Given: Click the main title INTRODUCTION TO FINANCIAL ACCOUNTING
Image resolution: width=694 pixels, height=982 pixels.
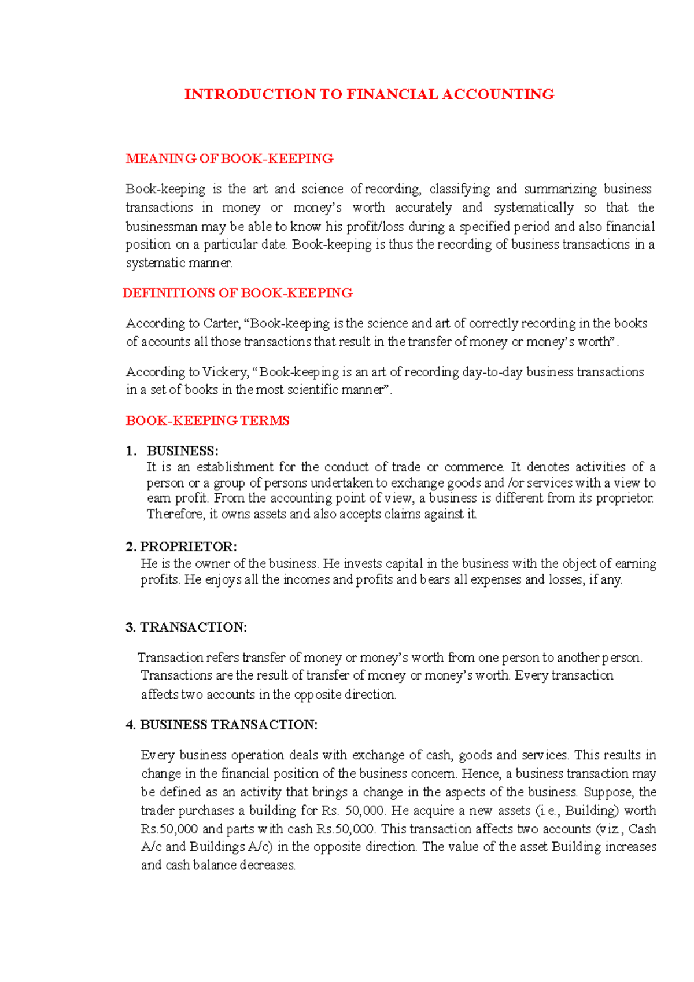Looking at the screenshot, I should [x=369, y=94].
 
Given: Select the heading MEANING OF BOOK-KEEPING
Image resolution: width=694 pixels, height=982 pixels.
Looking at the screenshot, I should [x=229, y=158].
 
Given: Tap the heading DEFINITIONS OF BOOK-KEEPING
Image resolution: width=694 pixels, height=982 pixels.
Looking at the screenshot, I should [x=238, y=293].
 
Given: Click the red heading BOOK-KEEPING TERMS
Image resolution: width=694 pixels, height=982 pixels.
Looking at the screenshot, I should [x=207, y=420].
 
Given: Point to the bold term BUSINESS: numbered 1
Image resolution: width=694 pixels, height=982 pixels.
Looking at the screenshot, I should [x=182, y=451].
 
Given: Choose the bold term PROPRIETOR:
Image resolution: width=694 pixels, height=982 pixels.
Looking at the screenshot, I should [x=189, y=547].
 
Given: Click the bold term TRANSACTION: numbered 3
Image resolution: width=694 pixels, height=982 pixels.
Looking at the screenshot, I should [x=193, y=627].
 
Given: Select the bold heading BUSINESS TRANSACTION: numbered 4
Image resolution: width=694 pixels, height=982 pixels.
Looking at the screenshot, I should [x=228, y=725].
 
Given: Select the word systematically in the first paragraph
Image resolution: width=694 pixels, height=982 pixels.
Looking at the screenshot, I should [x=533, y=208].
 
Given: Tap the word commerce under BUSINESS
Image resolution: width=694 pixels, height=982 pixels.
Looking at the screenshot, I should [x=474, y=467].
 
